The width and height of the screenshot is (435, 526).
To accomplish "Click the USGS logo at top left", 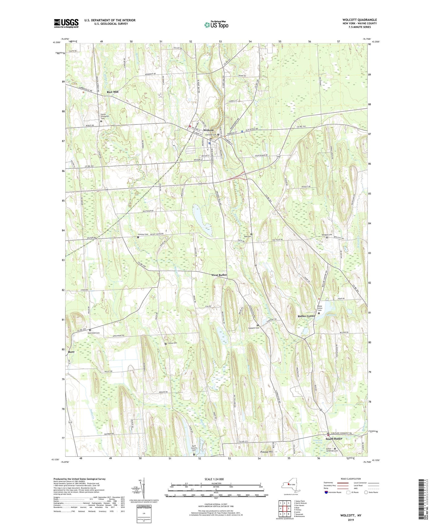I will point(66,23).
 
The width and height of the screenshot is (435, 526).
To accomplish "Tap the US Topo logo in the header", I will point(216,25).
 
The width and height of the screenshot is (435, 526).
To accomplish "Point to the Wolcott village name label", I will point(208,130).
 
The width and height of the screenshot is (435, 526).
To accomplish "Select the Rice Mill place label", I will point(113,92).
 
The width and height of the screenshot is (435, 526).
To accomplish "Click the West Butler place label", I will point(219,275).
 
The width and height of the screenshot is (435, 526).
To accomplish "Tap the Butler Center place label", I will point(306,316).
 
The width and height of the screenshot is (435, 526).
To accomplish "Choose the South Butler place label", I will point(334,439).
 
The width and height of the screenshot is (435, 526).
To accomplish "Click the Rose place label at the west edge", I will point(71,352).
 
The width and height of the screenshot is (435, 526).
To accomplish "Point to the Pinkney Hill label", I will point(266,452).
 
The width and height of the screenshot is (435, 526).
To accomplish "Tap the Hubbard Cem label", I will point(253,328).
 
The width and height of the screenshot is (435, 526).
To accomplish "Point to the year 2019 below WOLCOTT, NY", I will point(351,520).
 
